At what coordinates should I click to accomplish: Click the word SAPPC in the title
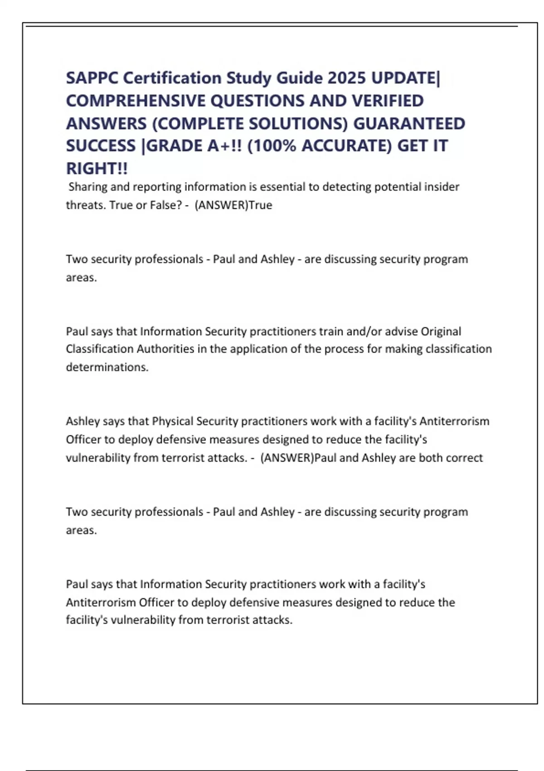click(x=92, y=78)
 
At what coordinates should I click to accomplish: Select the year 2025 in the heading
click(x=346, y=78)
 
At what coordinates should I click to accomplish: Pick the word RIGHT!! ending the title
click(x=97, y=169)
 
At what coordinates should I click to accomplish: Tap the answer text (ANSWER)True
click(x=233, y=205)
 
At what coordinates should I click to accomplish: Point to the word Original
click(x=441, y=332)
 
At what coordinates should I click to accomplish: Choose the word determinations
click(x=107, y=367)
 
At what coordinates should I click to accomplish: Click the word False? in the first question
click(x=166, y=205)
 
